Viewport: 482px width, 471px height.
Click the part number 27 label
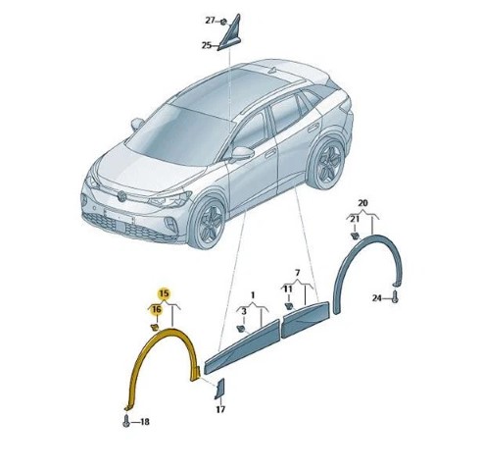210,21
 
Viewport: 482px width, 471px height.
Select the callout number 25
207,45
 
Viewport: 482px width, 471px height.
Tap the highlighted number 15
165,293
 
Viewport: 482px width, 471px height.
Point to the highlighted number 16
157,309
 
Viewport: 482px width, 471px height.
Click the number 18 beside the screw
144,422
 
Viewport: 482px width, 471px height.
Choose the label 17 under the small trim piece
220,409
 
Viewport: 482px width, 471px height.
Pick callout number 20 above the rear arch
362,203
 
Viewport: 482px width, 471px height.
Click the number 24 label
377,298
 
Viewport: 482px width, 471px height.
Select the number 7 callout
297,273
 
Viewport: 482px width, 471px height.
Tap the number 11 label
288,289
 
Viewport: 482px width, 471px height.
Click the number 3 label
244,312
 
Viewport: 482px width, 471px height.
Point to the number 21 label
355,219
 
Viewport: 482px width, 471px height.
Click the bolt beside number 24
395,296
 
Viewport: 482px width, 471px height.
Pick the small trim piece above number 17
219,389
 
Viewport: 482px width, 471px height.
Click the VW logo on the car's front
122,195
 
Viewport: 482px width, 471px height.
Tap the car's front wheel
208,223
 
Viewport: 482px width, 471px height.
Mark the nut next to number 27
223,22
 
